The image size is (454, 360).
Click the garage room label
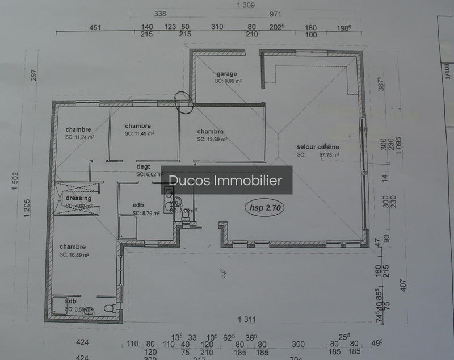tap(226, 74)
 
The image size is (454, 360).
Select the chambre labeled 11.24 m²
tap(78, 129)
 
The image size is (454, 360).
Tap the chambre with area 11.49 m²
tap(138, 126)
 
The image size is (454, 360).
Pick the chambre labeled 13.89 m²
tap(210, 132)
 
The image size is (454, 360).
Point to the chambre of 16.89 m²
tap(73, 247)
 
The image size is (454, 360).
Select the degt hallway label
tap(143, 168)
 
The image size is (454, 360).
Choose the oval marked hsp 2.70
tap(264, 208)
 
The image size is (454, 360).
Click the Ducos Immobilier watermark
tap(226, 181)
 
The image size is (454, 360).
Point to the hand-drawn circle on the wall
tap(184, 102)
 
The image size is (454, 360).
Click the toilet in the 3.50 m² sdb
tap(110, 308)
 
